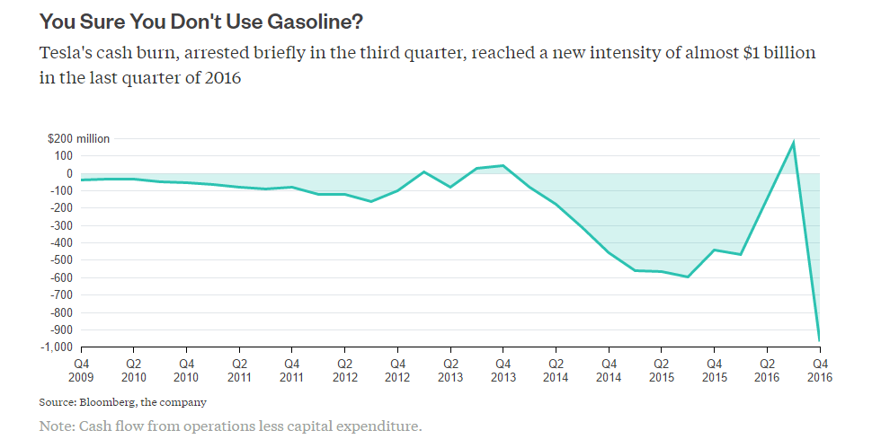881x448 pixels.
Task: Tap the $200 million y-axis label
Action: tap(79, 139)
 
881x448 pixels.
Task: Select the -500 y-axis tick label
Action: tap(64, 260)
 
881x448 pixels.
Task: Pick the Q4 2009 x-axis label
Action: tap(81, 371)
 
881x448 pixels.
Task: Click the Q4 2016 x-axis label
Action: tap(820, 371)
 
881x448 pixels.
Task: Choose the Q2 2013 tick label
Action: tap(450, 371)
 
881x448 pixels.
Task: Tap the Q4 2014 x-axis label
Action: tap(609, 371)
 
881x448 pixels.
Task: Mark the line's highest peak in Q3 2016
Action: tap(794, 142)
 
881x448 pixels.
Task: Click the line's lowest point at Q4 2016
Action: tap(820, 340)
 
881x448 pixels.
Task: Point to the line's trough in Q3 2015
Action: tap(688, 277)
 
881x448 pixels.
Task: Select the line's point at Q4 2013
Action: tap(503, 165)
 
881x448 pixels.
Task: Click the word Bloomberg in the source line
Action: tap(108, 402)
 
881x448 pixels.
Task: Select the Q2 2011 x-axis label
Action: tap(239, 371)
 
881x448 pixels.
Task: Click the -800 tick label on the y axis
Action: tap(64, 312)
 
